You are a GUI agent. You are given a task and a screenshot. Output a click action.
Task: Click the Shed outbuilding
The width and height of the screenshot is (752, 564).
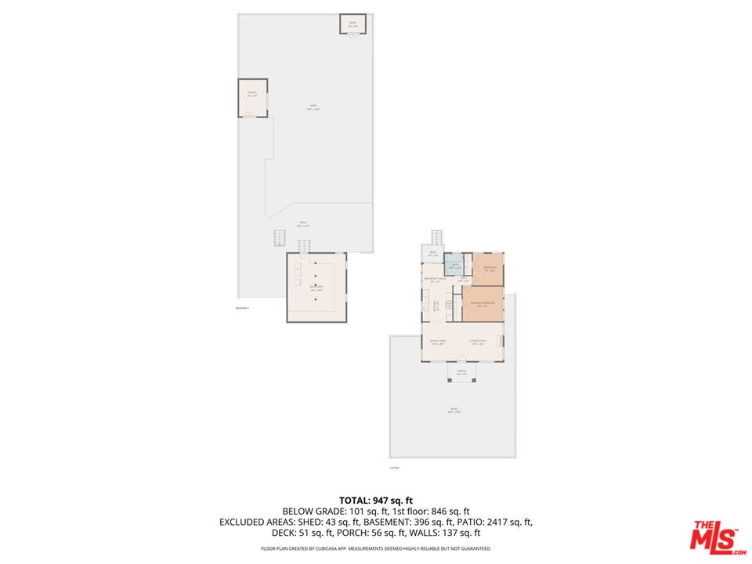coord(352,24)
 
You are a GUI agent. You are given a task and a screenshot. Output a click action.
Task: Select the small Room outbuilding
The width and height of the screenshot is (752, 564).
coord(252,97)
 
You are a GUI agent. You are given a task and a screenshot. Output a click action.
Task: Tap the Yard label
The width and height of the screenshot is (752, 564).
coord(313,108)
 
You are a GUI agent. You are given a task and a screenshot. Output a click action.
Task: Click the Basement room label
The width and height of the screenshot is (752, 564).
coord(316,287)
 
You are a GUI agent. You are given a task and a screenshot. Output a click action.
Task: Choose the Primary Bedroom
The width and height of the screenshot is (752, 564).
coord(483,304)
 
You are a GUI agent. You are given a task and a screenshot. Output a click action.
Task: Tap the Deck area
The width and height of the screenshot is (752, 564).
coord(432,254)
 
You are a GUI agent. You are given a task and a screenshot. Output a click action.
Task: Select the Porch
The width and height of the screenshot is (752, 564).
coord(461,372)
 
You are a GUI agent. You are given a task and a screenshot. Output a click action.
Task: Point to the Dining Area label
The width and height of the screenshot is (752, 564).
coord(437,342)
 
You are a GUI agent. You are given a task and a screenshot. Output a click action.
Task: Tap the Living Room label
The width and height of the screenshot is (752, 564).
coord(478,342)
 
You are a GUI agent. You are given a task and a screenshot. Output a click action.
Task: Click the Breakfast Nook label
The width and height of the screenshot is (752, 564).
coord(435,279)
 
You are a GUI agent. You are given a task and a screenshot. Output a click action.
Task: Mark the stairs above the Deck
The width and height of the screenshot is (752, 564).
coord(437,237)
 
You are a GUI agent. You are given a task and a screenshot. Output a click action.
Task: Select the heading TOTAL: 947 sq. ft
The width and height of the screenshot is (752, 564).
coord(375,500)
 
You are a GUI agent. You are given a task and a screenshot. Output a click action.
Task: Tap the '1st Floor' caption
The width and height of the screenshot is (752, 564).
coord(395,468)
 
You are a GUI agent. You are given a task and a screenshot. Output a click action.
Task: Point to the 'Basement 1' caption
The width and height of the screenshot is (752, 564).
coord(243,308)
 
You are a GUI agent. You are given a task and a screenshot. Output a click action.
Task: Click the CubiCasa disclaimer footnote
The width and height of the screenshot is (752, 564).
coord(375,548)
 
